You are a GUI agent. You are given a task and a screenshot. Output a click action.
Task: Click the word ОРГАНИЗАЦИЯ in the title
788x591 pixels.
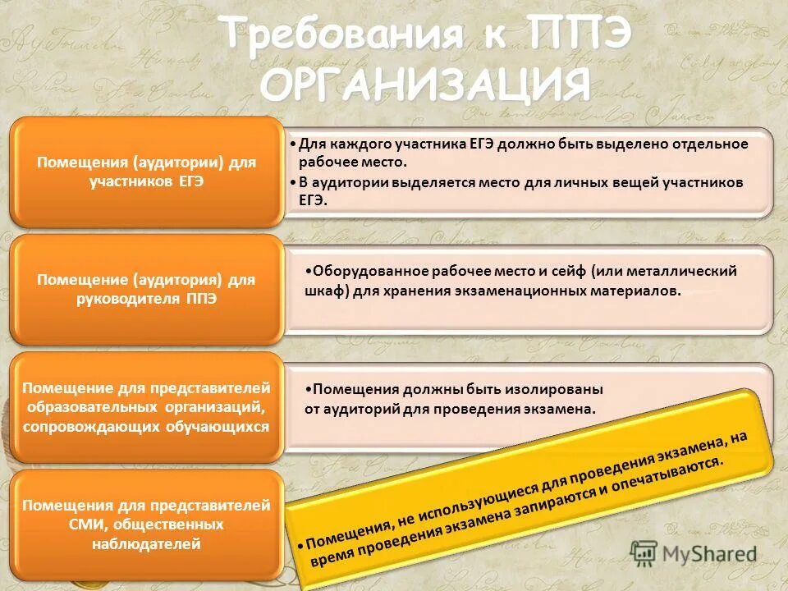[x=428, y=85]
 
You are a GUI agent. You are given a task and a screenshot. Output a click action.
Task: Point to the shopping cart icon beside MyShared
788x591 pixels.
[x=644, y=552]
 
